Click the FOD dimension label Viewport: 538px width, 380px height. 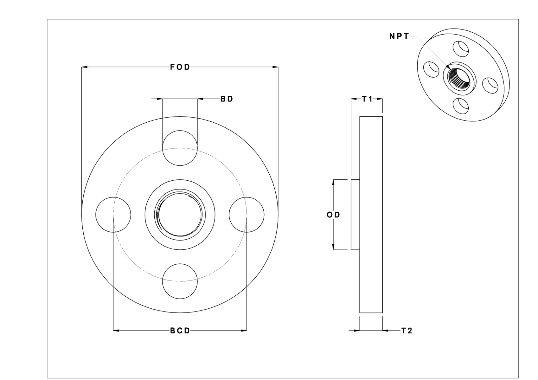pyautogui.click(x=180, y=67)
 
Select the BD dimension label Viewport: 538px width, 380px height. pyautogui.click(x=227, y=99)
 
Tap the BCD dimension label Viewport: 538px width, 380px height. pyautogui.click(x=180, y=331)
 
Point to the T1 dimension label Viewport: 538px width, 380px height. pyautogui.click(x=367, y=99)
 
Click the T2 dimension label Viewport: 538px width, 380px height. pyautogui.click(x=407, y=331)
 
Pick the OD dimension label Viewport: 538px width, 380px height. pyautogui.click(x=333, y=215)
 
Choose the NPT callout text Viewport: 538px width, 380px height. pyautogui.click(x=399, y=36)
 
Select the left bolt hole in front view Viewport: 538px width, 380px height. pyautogui.click(x=113, y=214)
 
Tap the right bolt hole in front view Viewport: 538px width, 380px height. pyautogui.click(x=246, y=214)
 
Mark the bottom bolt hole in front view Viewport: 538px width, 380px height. pyautogui.click(x=180, y=281)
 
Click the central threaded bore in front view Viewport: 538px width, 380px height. pyautogui.click(x=180, y=214)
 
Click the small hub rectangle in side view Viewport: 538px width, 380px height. pyautogui.click(x=355, y=215)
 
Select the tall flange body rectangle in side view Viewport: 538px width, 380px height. pyautogui.click(x=371, y=215)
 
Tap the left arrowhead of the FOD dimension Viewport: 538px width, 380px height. pyautogui.click(x=84, y=67)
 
